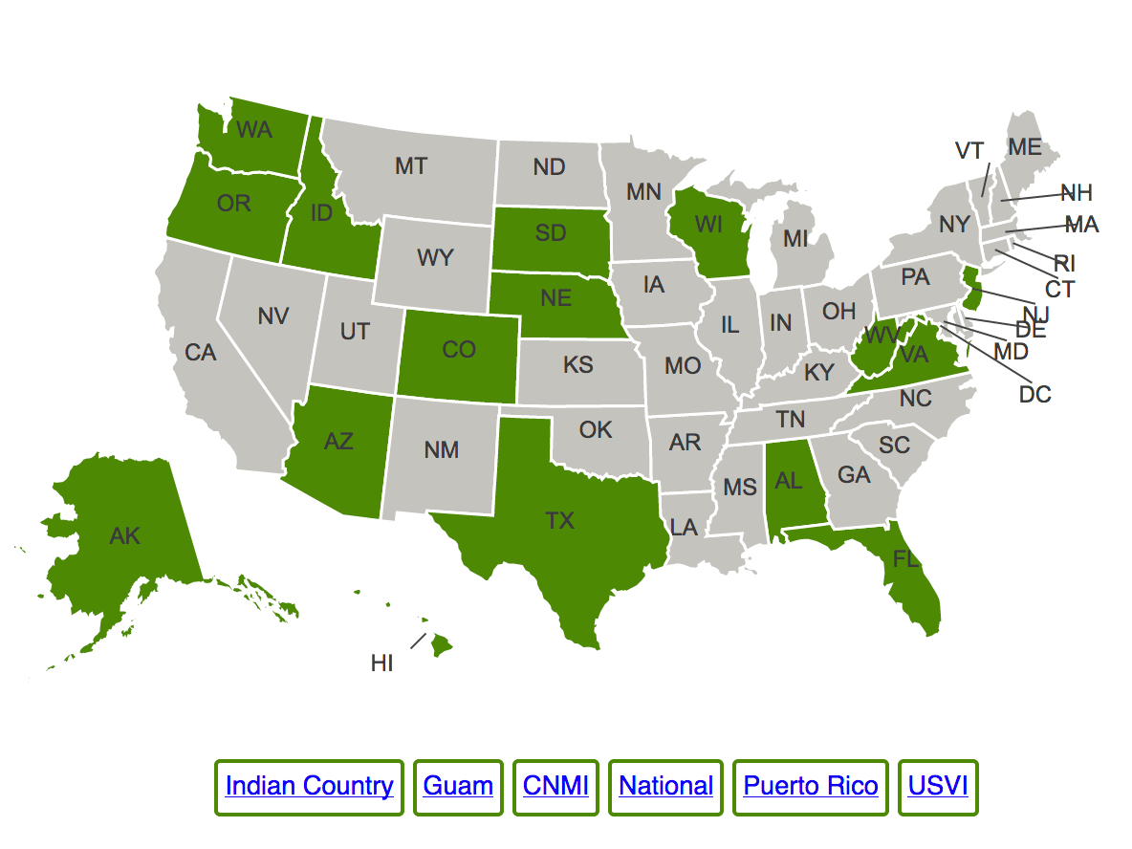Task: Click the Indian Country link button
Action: pyautogui.click(x=309, y=787)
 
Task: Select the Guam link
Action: pyautogui.click(x=458, y=787)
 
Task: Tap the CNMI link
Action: pyautogui.click(x=555, y=787)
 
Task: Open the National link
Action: pyautogui.click(x=665, y=787)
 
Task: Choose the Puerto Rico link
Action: pyautogui.click(x=810, y=787)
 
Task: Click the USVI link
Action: pyautogui.click(x=938, y=787)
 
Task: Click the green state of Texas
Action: pyautogui.click(x=560, y=521)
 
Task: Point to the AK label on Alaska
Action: pyautogui.click(x=125, y=536)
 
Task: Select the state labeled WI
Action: pyautogui.click(x=708, y=225)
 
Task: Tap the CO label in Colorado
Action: pyautogui.click(x=459, y=351)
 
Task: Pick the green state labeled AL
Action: pyautogui.click(x=789, y=481)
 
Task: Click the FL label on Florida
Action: pyautogui.click(x=906, y=560)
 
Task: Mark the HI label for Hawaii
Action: pyautogui.click(x=382, y=663)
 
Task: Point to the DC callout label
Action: pyautogui.click(x=1034, y=393)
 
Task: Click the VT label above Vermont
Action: pyautogui.click(x=969, y=151)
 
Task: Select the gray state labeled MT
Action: pyautogui.click(x=411, y=166)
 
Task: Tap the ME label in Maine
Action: pyautogui.click(x=1024, y=147)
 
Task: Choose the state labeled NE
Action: pyautogui.click(x=555, y=298)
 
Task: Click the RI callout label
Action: pyautogui.click(x=1065, y=264)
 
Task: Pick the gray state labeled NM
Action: pyautogui.click(x=441, y=449)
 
